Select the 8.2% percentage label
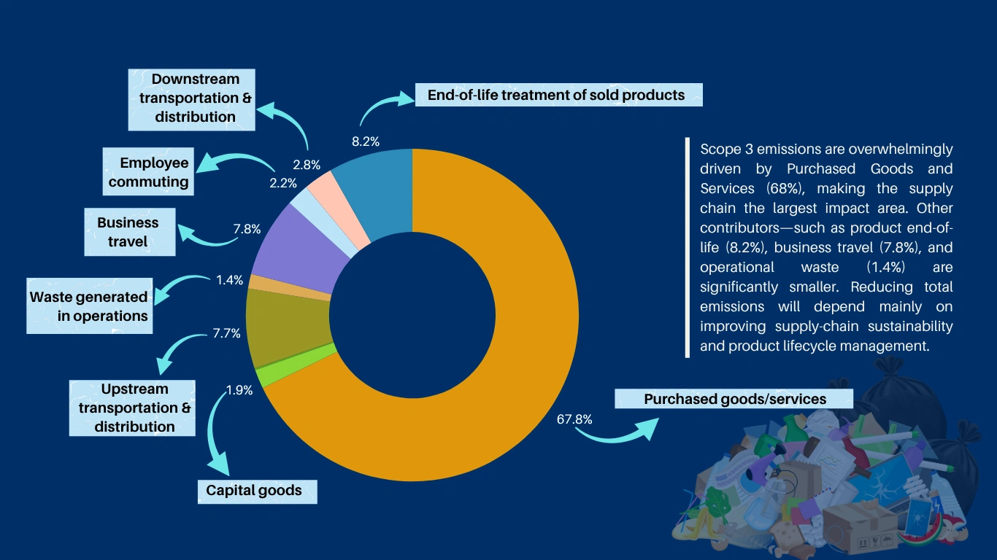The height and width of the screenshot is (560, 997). click(x=366, y=141)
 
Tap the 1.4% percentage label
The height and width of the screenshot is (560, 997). click(x=230, y=280)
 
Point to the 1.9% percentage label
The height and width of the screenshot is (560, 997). click(x=239, y=390)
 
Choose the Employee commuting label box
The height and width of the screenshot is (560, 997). click(x=148, y=173)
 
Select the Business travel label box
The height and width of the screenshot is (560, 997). click(x=129, y=232)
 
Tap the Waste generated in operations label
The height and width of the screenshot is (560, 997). click(x=89, y=306)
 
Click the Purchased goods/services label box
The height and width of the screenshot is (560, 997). click(x=734, y=399)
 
